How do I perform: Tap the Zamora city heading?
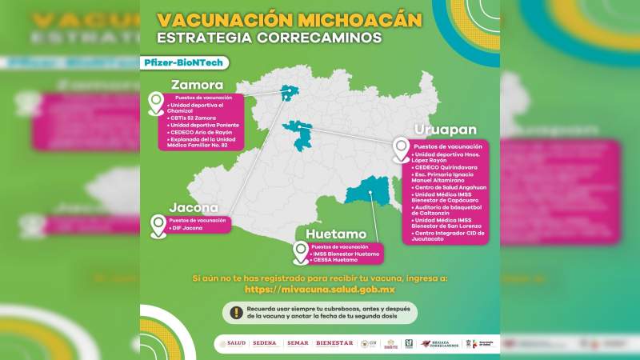tap(196, 86)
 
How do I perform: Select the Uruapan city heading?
tap(445, 130)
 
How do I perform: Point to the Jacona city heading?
tap(193, 208)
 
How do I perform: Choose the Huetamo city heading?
tap(336, 234)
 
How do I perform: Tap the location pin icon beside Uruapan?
tap(400, 150)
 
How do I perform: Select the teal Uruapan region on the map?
tap(302, 134)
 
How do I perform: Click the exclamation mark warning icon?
tap(236, 313)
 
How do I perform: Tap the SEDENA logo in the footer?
tap(264, 343)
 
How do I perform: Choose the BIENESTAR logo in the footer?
tap(334, 343)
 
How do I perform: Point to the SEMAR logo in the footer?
tap(297, 343)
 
